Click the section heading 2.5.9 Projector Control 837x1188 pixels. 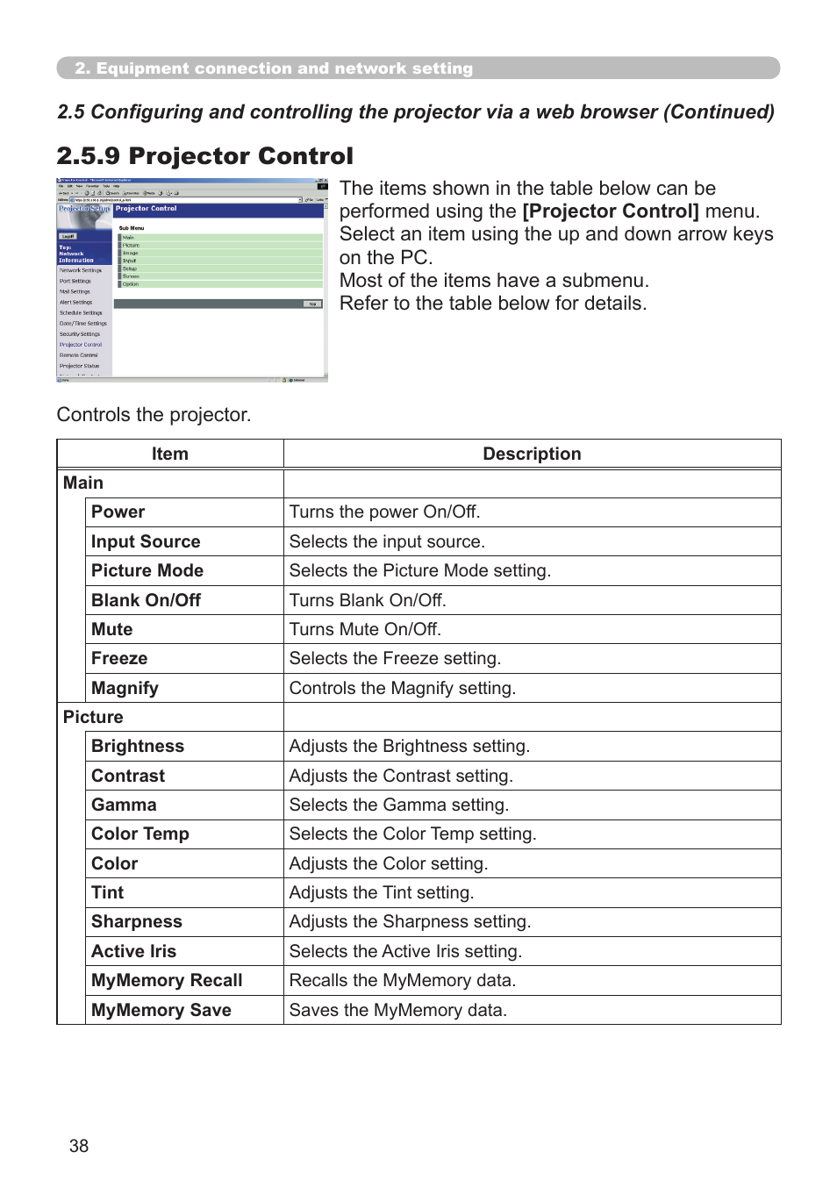coord(204,156)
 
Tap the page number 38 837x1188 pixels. coord(79,1146)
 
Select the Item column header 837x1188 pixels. coord(169,454)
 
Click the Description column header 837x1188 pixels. coord(532,454)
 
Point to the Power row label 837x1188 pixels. coord(118,512)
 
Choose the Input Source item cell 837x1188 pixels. coord(146,541)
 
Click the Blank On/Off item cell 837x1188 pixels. coord(146,600)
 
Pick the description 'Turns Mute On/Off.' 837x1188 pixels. coord(365,629)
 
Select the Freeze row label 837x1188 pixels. coord(119,659)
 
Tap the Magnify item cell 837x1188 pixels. coord(125,688)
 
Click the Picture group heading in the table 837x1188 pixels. coord(93,717)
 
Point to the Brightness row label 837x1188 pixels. coord(138,747)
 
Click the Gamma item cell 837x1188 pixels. coord(124,805)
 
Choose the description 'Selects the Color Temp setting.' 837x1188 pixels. coord(412,834)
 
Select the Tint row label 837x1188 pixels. coord(107,892)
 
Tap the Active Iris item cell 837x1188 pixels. coord(133,951)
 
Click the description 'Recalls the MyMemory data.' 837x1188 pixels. coord(402,980)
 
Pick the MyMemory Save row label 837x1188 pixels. coord(161,1010)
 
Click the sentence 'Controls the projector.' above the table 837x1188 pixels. coord(154,414)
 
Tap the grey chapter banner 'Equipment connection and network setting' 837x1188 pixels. coord(418,68)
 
